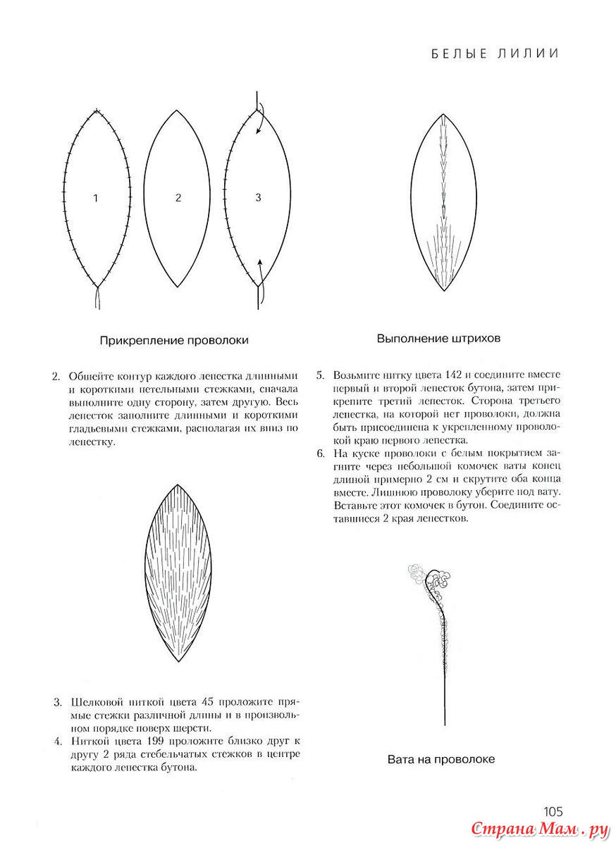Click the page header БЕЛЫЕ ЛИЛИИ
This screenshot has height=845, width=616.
point(494,54)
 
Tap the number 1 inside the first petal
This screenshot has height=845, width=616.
point(96,199)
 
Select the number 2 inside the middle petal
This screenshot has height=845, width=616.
point(178,199)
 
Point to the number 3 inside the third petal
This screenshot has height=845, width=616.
point(258,198)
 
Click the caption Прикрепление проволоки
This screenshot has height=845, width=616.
point(174,340)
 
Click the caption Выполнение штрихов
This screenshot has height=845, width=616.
point(438,338)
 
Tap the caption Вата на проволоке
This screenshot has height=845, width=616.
point(441,759)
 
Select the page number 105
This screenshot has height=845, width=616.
point(553,811)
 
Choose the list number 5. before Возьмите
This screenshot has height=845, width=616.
point(320,375)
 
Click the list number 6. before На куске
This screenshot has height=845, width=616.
point(320,453)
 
